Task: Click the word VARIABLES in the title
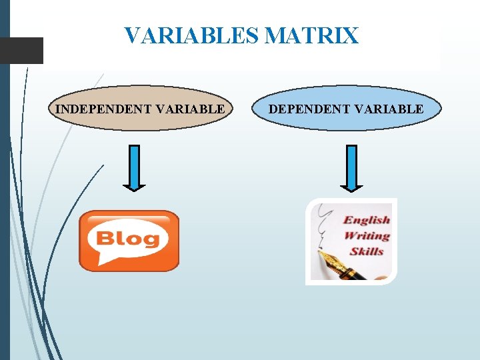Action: [192, 35]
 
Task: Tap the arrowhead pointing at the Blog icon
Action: [134, 187]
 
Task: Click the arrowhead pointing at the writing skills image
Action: [352, 187]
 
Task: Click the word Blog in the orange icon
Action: [129, 239]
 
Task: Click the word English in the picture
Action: [367, 220]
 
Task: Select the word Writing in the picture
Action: [367, 235]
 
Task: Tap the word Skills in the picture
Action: [367, 251]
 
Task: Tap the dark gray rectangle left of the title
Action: [21, 51]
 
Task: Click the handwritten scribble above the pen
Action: [325, 223]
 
